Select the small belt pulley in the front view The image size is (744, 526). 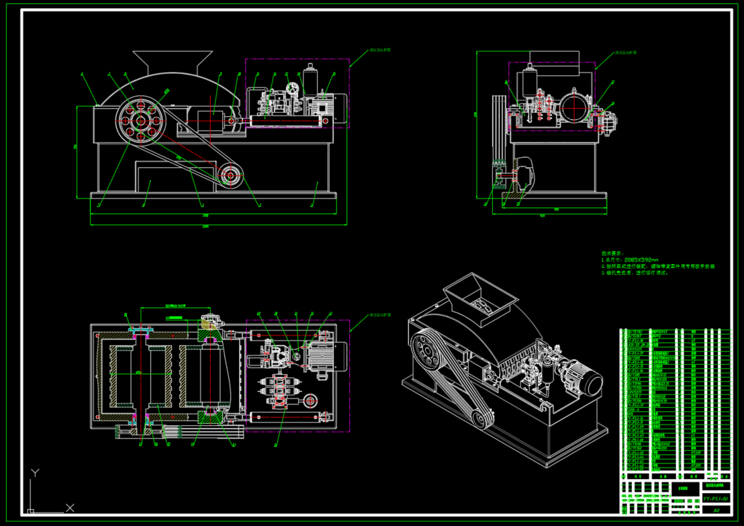coord(230,176)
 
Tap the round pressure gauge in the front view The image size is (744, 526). coord(293,88)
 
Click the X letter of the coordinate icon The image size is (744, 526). coord(69,507)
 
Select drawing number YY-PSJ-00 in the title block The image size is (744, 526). coord(716,498)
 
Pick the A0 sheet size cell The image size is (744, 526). coord(716,510)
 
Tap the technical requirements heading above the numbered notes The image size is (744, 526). coord(612,253)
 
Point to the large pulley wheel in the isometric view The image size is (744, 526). coord(425,351)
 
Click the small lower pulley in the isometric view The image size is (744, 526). coord(481,421)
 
